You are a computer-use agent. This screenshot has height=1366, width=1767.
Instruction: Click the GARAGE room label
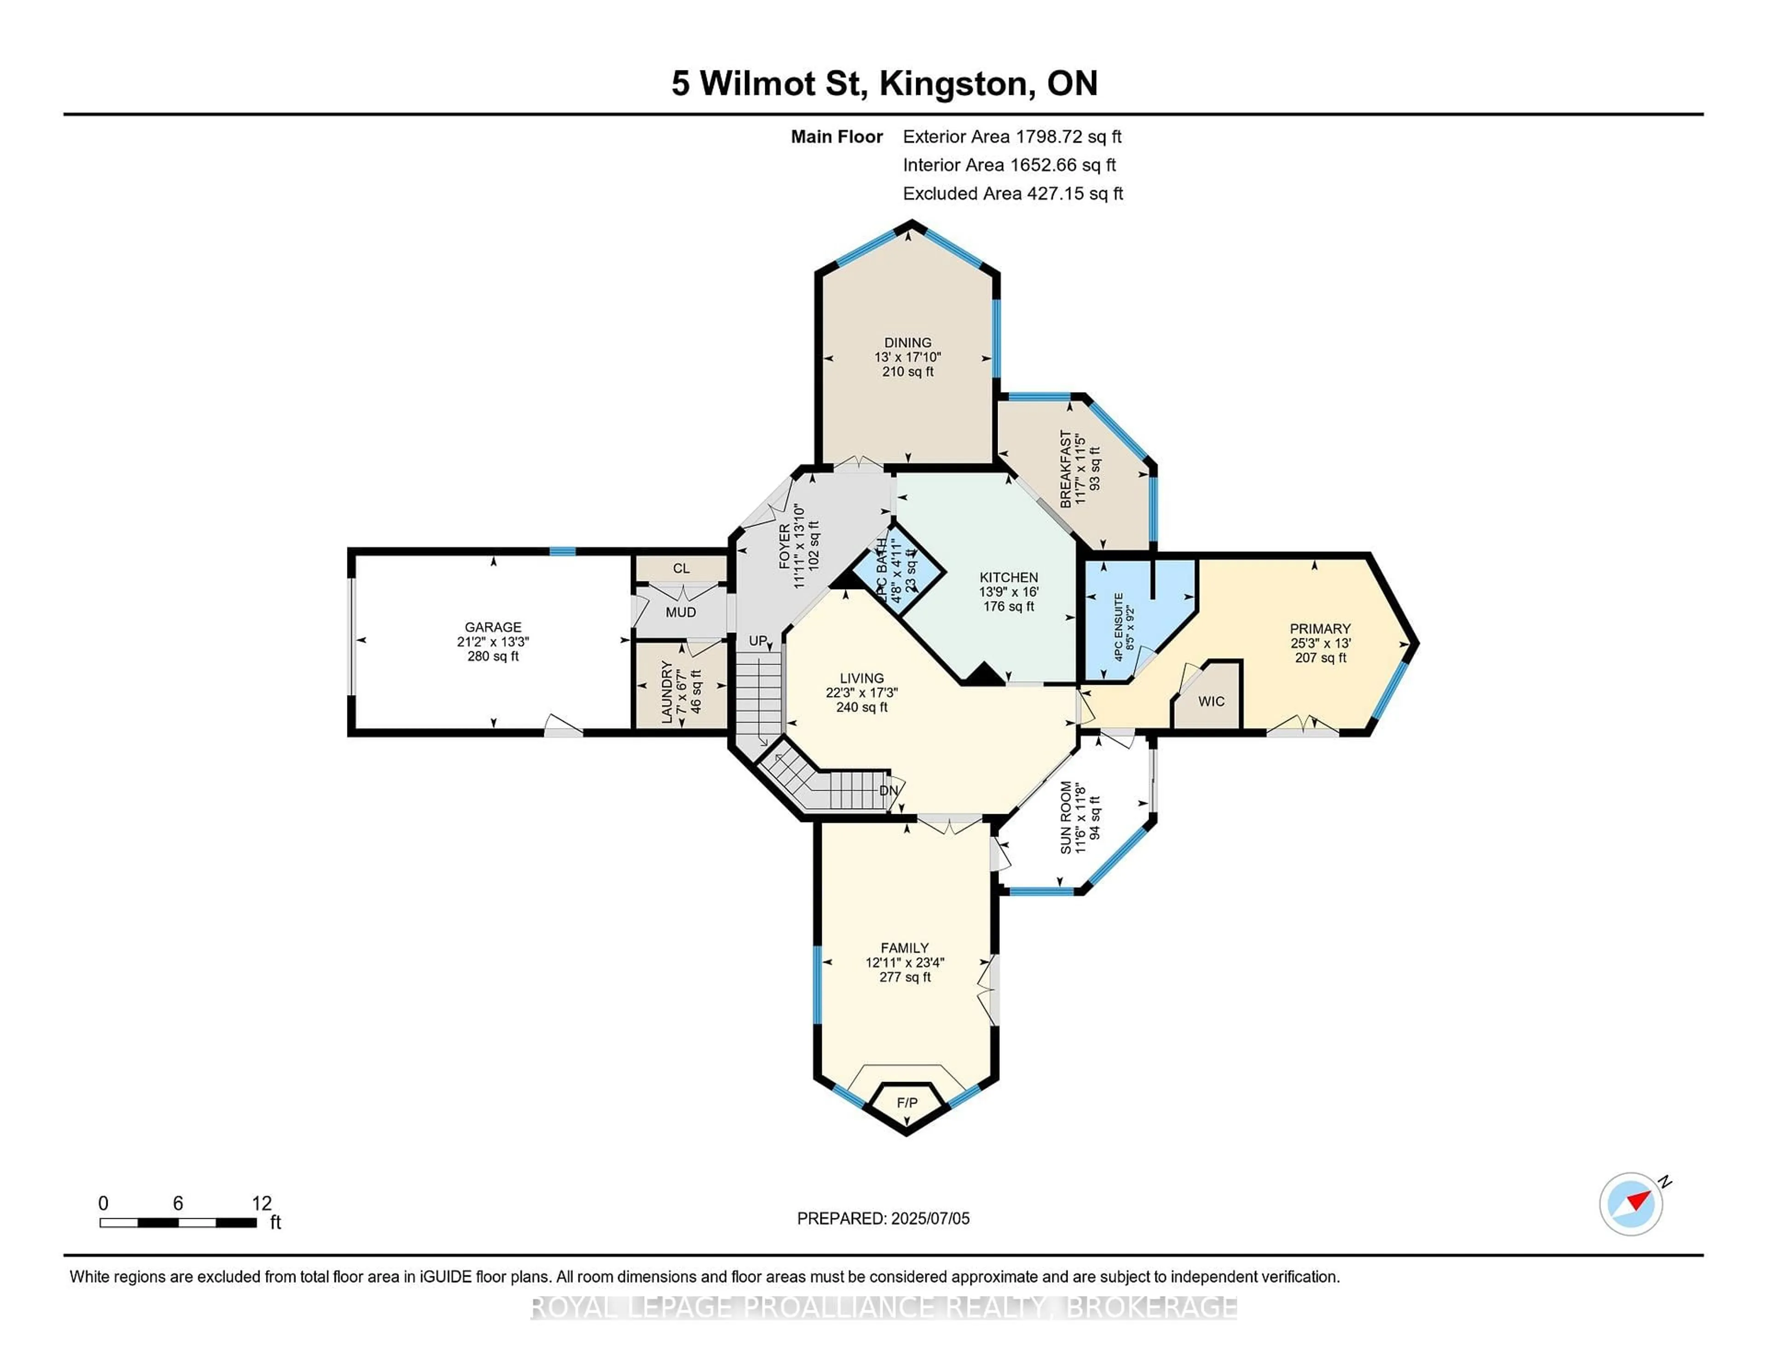[493, 627]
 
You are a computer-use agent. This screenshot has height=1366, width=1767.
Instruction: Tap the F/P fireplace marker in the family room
[907, 1103]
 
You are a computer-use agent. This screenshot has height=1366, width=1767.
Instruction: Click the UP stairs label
[758, 641]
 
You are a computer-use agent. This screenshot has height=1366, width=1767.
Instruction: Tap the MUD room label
[681, 613]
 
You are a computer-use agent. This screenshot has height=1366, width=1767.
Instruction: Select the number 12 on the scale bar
[261, 1204]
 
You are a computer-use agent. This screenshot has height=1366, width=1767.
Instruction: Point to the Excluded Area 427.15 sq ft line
[1012, 193]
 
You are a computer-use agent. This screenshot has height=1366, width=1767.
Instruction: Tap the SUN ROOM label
[1066, 817]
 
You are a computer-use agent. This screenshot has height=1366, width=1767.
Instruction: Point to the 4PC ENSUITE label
[1119, 627]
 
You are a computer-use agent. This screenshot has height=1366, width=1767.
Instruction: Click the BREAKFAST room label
[1066, 469]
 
